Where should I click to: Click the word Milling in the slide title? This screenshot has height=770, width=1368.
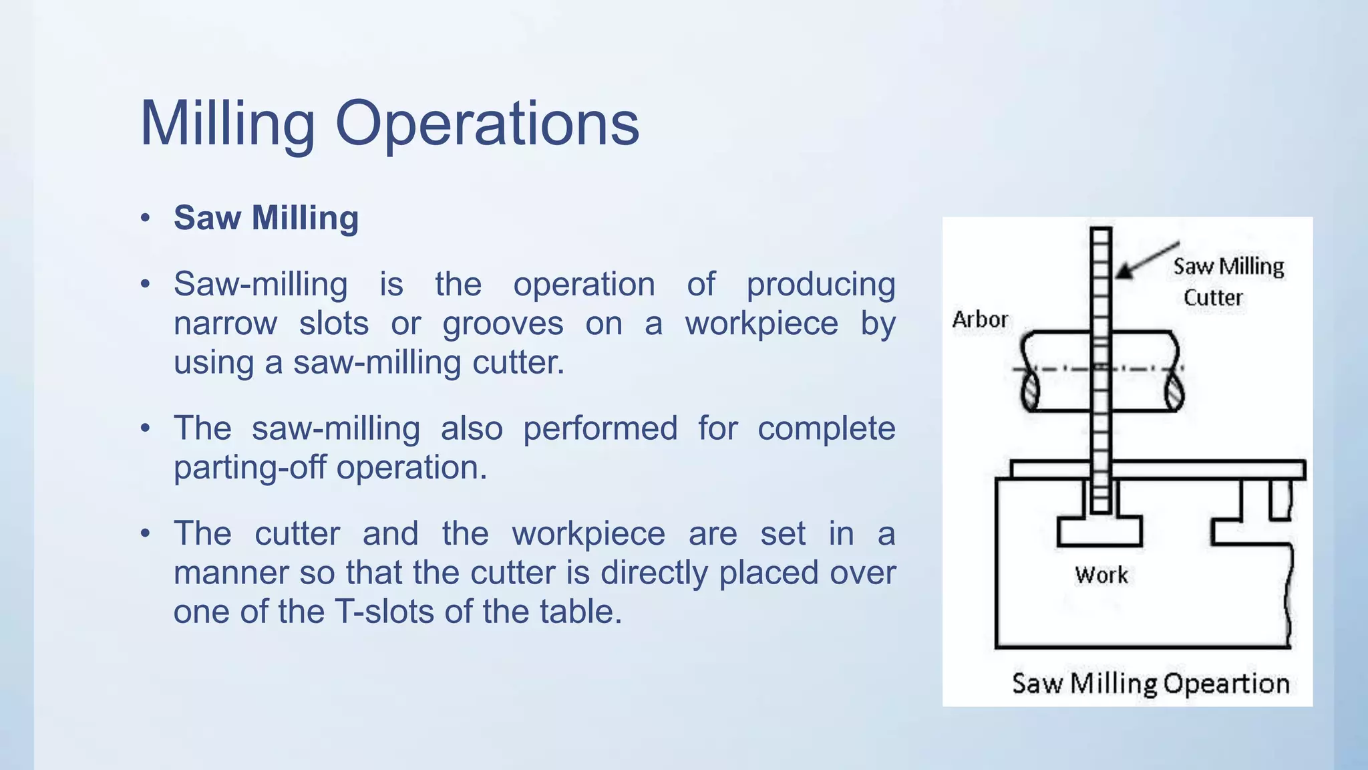(x=227, y=124)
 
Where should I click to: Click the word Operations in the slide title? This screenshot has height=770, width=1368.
(x=487, y=124)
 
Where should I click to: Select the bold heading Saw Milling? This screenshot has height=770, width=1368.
(x=266, y=218)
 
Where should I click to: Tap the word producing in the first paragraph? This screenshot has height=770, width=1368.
(x=820, y=285)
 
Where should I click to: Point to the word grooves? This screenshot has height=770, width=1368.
(x=502, y=324)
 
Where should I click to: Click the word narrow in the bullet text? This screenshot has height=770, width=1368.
(x=225, y=324)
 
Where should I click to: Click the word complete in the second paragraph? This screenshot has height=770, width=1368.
(x=826, y=428)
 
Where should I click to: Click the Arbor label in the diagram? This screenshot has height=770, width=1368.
(x=980, y=319)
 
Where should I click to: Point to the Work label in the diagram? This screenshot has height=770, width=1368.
(x=1101, y=575)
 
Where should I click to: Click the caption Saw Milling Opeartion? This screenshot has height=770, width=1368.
(x=1150, y=684)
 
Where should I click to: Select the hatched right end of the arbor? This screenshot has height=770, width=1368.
(x=1174, y=391)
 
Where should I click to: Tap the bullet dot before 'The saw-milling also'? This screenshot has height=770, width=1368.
(x=145, y=428)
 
